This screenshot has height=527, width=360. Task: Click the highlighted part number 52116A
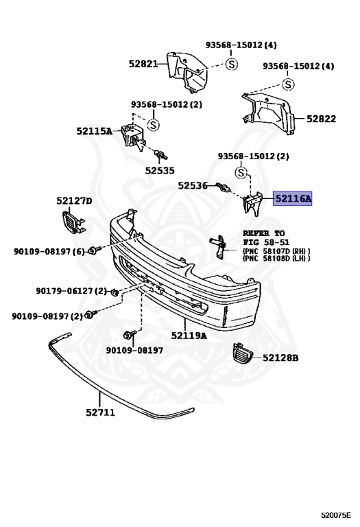coord(293,198)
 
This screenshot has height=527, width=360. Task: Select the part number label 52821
coord(143,64)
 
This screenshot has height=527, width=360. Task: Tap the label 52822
coord(321,119)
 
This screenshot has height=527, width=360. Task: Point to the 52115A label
coord(94,131)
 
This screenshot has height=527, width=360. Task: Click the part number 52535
coord(160,171)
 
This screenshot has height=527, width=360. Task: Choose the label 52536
coord(193,185)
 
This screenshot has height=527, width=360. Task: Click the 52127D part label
coord(74,201)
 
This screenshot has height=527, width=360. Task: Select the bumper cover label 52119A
coord(189,336)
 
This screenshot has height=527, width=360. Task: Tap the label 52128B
coord(280,358)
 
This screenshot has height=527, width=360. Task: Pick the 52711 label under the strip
coord(100,412)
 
